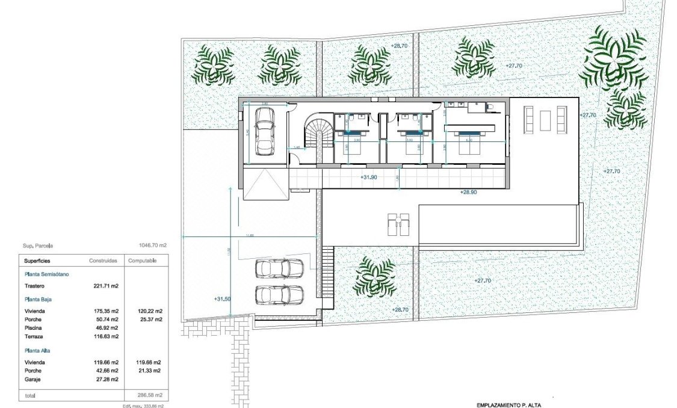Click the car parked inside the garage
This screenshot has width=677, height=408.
pyautogui.click(x=264, y=129)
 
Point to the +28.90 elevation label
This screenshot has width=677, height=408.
pyautogui.click(x=468, y=192)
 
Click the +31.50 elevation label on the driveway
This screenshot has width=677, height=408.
pyautogui.click(x=222, y=299)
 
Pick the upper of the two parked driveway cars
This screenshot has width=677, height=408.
pyautogui.click(x=279, y=268)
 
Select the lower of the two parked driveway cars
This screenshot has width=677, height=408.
pyautogui.click(x=279, y=295)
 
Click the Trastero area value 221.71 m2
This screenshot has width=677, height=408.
pyautogui.click(x=106, y=286)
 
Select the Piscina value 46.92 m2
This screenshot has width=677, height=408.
pyautogui.click(x=106, y=328)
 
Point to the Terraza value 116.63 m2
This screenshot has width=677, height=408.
pyautogui.click(x=105, y=337)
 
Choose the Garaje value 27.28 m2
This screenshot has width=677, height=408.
pyautogui.click(x=106, y=380)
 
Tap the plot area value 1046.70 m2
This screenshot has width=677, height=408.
pyautogui.click(x=152, y=246)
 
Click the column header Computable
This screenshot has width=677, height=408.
pyautogui.click(x=142, y=261)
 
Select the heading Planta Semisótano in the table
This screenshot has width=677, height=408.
pyautogui.click(x=47, y=274)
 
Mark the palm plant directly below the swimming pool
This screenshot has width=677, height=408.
pyautogui.click(x=375, y=277)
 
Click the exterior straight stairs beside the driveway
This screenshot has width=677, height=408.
pyautogui.click(x=328, y=277)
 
